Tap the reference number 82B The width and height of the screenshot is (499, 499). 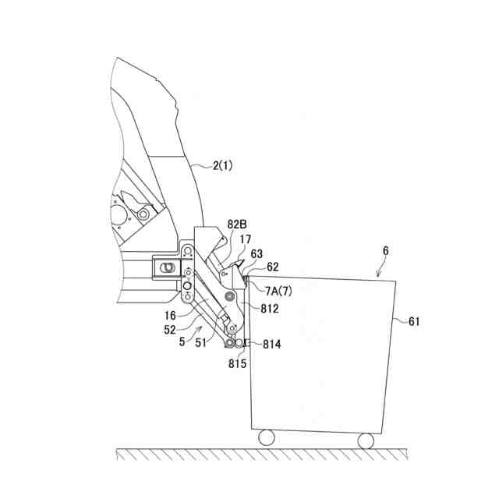[237, 224]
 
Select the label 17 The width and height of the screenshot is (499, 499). [245, 239]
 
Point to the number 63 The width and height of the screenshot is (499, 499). [257, 253]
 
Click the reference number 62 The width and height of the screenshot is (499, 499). [273, 267]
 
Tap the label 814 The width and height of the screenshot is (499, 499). [274, 344]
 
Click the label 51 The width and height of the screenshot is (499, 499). [202, 341]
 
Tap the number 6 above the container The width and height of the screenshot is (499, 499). [384, 251]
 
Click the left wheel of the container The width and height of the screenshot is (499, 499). [266, 437]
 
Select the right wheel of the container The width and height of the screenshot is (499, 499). [366, 441]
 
